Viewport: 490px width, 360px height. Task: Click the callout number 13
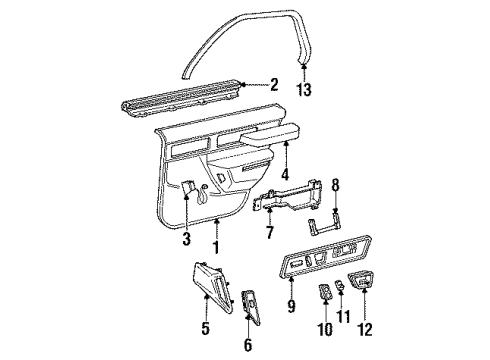305,89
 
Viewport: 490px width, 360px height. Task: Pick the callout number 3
185,239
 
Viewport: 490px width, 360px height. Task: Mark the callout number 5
205,325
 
